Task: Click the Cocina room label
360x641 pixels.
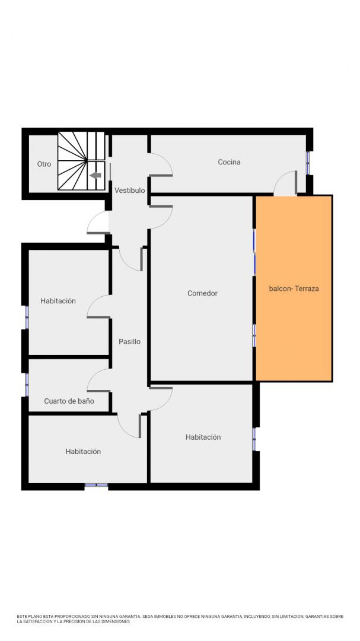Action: coord(229,162)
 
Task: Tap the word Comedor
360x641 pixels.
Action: coord(202,293)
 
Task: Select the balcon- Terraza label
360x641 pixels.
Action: coord(294,288)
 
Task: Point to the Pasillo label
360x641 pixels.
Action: coord(129,341)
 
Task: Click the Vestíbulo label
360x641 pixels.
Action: coord(129,190)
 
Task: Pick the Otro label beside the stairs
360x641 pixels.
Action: coord(44,164)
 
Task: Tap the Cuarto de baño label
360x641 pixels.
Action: coord(69,401)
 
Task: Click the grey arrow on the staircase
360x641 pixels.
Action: coord(95,175)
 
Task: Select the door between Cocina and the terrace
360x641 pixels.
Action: coord(285,183)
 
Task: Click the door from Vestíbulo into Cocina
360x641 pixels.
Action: coord(161,164)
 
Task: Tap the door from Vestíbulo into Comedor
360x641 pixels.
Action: coord(161,217)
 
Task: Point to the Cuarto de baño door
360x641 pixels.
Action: coord(98,380)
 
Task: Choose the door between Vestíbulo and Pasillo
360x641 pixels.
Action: coord(130,259)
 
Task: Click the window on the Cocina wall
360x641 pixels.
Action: coord(308,163)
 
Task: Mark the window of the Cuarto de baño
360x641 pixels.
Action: coord(27,385)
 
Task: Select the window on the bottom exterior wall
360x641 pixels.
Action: coord(96,485)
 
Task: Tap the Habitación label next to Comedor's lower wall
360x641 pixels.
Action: coord(203,437)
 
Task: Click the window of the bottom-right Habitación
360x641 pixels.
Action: coord(254,439)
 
